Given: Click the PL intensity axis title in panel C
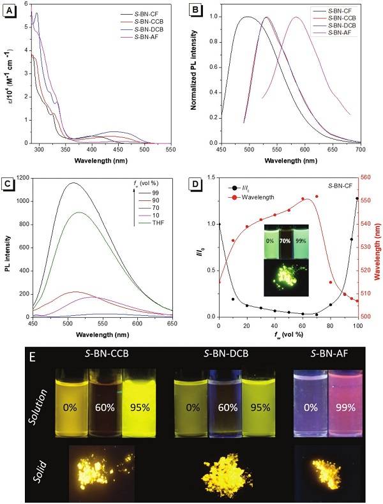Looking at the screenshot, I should (8, 247).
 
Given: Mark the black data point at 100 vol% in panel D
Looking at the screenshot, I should (357, 198).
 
